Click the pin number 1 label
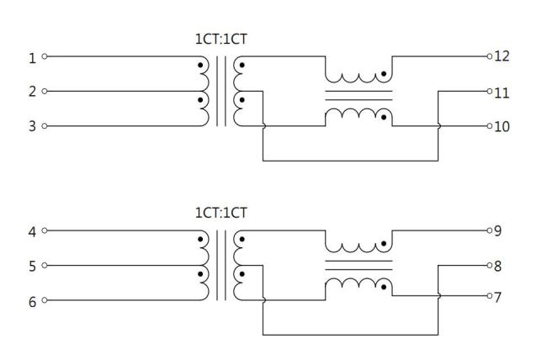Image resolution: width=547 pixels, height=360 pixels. click(x=33, y=58)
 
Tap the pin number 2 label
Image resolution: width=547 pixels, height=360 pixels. click(x=33, y=92)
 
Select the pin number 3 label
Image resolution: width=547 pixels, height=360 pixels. click(x=33, y=126)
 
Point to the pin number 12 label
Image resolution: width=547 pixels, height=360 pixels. click(x=502, y=56)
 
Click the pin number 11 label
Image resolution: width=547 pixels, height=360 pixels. click(x=502, y=93)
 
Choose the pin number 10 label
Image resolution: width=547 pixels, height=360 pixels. click(x=502, y=127)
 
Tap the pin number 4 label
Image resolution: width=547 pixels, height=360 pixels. click(x=33, y=232)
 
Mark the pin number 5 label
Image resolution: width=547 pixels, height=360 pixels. click(x=33, y=267)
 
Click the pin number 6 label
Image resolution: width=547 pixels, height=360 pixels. click(x=33, y=302)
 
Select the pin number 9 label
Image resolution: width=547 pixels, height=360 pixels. click(x=498, y=230)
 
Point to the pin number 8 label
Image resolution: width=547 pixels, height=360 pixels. click(x=498, y=266)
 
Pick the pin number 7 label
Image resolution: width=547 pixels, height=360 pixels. click(x=498, y=297)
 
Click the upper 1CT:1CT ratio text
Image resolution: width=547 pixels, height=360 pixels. click(x=221, y=39)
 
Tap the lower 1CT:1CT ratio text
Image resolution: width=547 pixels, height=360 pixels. click(x=221, y=213)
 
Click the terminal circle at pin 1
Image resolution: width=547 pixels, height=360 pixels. click(x=45, y=56)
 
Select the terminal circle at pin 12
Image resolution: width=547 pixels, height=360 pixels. click(x=490, y=56)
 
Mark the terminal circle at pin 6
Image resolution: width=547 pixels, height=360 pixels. click(x=45, y=300)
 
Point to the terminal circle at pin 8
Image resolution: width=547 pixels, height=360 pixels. click(x=490, y=266)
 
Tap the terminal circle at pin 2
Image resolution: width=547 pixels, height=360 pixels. click(x=45, y=91)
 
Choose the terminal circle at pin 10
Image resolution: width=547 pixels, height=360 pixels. click(x=490, y=126)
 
